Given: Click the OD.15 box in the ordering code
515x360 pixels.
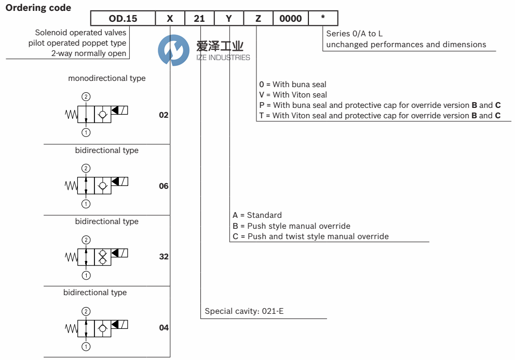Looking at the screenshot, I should click(123, 19).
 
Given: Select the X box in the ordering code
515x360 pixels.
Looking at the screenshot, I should click(170, 19).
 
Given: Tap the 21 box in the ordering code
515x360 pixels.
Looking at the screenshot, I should click(199, 19).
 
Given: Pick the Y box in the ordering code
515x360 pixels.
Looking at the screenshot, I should click(229, 19).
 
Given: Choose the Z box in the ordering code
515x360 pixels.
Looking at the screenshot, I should click(258, 19).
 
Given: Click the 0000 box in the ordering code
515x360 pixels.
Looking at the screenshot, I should click(290, 19).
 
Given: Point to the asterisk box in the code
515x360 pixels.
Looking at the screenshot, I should click(323, 18).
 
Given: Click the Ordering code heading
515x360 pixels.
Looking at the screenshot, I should click(38, 8).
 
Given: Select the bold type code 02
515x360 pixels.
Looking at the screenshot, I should click(164, 115).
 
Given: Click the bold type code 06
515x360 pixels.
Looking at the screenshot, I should click(164, 186).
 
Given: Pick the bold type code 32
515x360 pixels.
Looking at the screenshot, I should click(164, 257).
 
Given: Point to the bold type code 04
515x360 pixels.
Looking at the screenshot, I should click(164, 328).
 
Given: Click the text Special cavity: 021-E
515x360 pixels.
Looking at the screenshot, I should click(244, 311).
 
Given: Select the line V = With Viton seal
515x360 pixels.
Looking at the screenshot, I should click(293, 94).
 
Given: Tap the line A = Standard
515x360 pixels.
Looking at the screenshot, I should click(257, 215).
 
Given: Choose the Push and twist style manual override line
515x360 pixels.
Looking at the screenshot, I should click(310, 236).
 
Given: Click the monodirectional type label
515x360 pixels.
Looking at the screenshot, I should click(107, 78).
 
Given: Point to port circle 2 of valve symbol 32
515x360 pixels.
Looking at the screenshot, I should click(86, 240).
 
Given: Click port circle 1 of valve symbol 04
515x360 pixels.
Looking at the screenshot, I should click(86, 346).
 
